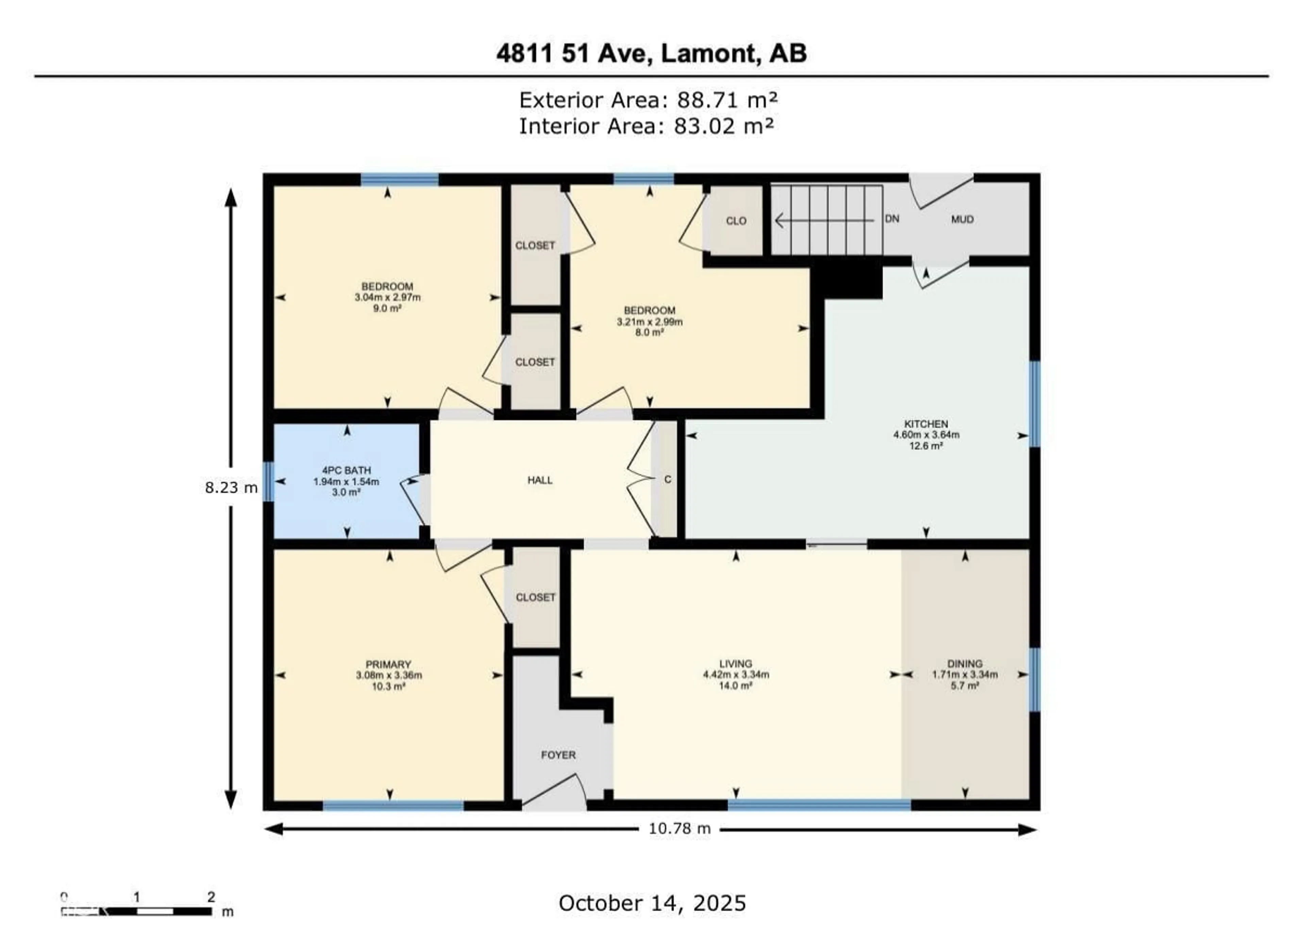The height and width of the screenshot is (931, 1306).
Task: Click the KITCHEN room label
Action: [x=926, y=424]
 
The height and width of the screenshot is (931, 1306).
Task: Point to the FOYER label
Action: [x=558, y=755]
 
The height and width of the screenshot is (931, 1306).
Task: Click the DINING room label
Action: [x=965, y=663]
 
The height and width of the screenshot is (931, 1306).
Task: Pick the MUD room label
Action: [x=962, y=220]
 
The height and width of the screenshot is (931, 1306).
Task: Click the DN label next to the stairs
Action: [x=892, y=219]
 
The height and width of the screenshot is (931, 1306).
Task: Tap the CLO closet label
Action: [x=736, y=221]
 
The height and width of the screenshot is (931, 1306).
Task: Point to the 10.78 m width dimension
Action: [x=680, y=828]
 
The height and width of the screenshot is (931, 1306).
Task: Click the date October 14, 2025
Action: [x=652, y=903]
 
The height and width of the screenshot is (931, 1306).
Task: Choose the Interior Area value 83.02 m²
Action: [x=723, y=126]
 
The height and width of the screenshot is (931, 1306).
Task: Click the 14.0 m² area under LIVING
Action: [x=736, y=685]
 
